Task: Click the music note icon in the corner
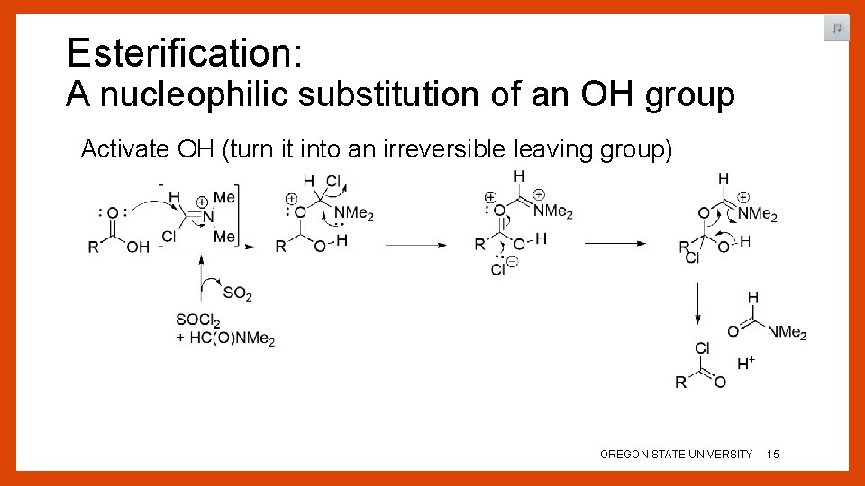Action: click(836, 29)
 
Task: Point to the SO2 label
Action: click(237, 294)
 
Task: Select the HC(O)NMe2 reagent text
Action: click(232, 338)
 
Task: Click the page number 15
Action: click(772, 454)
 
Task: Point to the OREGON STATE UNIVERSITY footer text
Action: click(676, 454)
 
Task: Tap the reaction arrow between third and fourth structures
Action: click(615, 243)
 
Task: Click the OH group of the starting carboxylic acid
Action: click(137, 247)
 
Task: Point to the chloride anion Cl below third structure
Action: click(498, 269)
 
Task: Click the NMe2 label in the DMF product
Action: click(787, 333)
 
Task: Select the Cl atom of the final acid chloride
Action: click(703, 348)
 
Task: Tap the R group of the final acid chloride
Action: click(681, 383)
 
